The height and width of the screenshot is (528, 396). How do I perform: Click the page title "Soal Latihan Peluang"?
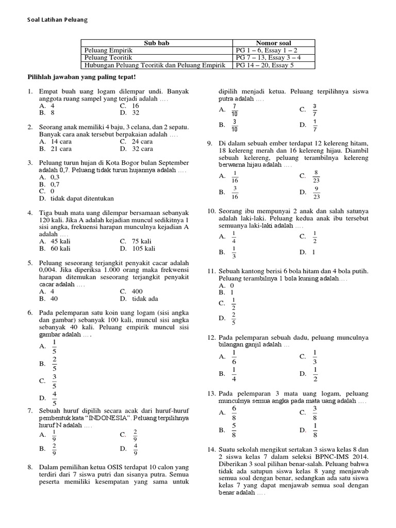point(57,20)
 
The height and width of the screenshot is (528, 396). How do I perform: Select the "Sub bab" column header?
point(157,43)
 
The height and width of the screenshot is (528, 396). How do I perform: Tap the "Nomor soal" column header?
point(273,43)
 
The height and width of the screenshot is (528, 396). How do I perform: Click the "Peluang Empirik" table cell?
point(109,51)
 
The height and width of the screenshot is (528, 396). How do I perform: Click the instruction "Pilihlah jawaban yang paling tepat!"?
point(81,77)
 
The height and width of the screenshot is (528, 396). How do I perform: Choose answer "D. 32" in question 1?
point(129,112)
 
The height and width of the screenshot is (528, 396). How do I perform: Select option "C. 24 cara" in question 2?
point(136,141)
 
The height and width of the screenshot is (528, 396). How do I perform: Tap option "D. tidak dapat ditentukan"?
point(76,198)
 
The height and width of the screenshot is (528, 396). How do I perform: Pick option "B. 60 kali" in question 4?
point(55,249)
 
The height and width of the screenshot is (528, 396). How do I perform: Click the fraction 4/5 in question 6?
point(55,398)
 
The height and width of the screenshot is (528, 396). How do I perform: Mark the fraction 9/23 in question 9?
point(316,192)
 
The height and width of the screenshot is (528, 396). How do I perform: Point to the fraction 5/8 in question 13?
point(234,430)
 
